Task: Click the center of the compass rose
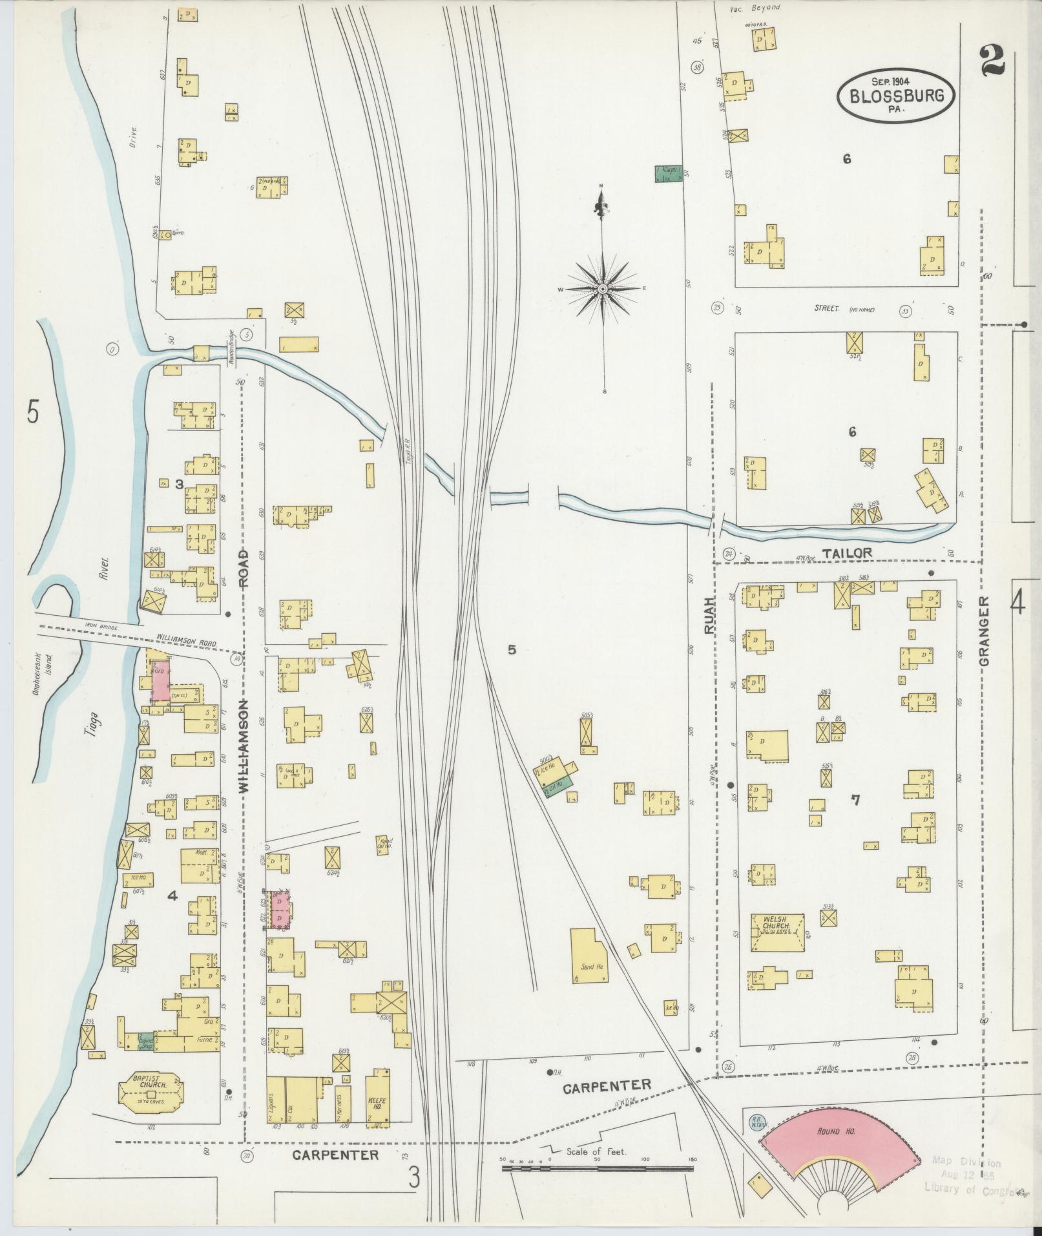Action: pyautogui.click(x=602, y=288)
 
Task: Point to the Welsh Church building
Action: pyautogui.click(x=777, y=932)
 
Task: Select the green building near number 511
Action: pyautogui.click(x=667, y=173)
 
